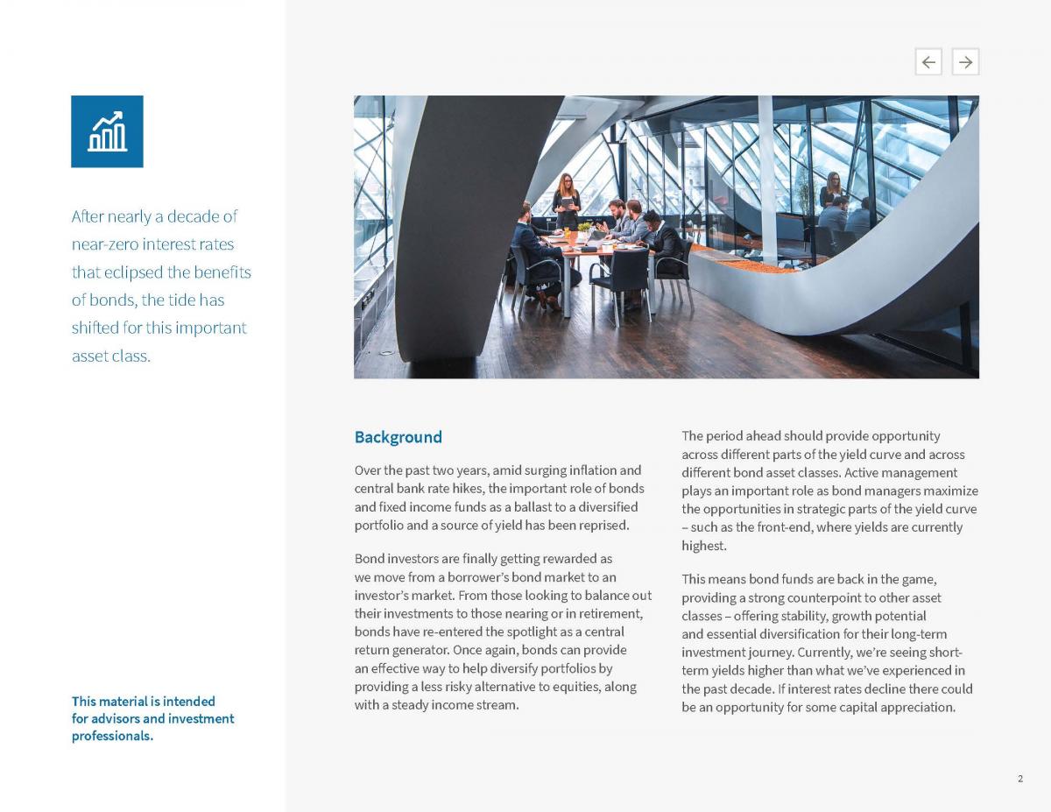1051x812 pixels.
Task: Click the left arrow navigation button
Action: coord(928,61)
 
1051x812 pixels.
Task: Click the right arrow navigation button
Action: coord(965,61)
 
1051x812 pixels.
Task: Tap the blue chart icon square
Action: coord(107,131)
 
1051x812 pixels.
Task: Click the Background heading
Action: coord(398,437)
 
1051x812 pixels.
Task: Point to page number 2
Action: coord(1020,779)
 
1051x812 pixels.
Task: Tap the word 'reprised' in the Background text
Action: coord(602,526)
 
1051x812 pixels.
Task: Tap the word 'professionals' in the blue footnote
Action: coord(112,736)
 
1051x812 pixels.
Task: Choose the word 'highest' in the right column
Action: coord(703,546)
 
